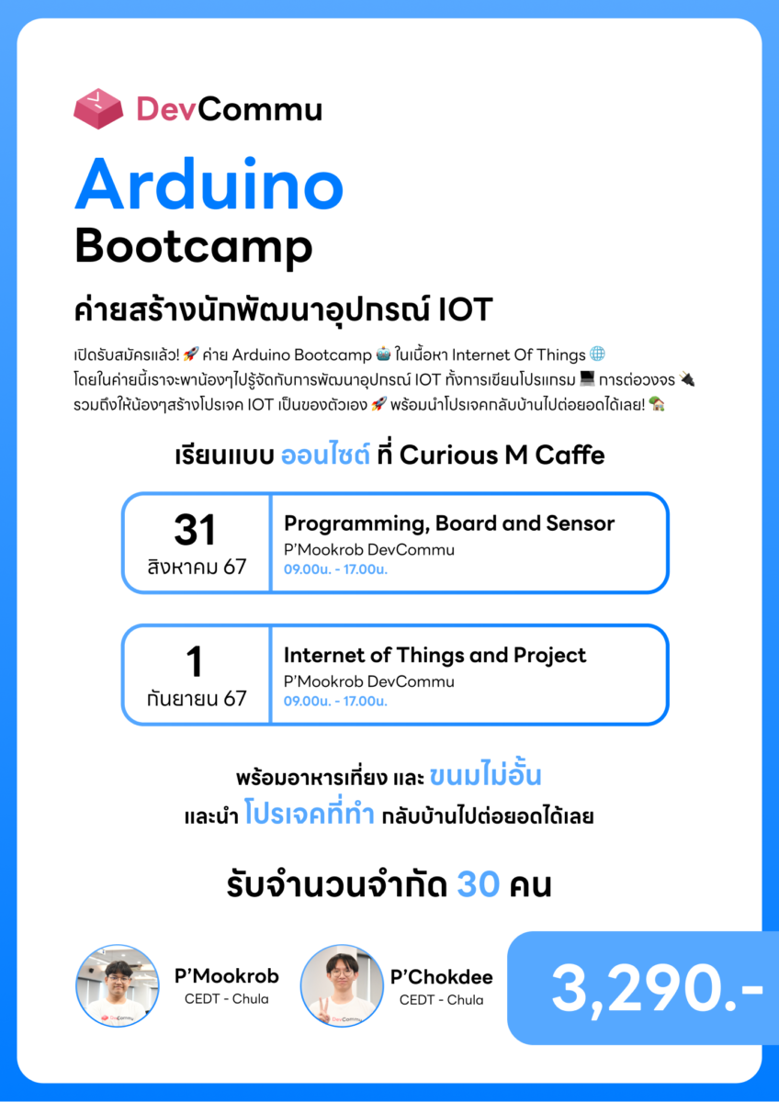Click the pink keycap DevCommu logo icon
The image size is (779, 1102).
98,108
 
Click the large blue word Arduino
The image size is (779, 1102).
209,185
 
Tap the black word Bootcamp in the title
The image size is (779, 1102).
194,247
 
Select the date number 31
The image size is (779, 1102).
195,530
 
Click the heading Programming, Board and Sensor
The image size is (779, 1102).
449,524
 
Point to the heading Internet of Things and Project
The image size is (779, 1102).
435,656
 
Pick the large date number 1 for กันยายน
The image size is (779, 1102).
195,661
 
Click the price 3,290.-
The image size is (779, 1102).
657,989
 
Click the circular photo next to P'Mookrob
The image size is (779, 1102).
118,985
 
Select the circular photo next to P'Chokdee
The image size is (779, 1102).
342,985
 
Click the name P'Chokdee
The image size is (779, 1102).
442,977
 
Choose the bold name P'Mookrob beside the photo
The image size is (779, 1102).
226,976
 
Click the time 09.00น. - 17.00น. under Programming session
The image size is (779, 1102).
335,569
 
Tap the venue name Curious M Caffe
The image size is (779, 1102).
502,455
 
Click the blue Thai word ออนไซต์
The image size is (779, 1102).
325,455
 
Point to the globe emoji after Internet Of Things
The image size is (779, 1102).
597,354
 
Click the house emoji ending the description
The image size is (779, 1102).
657,404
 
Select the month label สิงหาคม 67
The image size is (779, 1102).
197,567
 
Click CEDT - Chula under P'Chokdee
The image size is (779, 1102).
442,1000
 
